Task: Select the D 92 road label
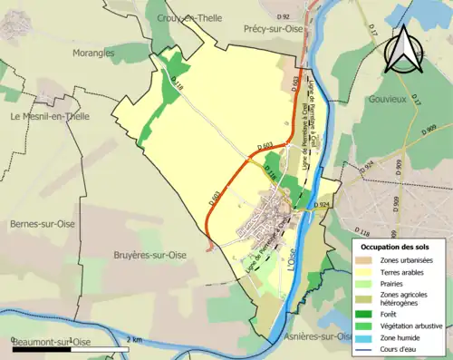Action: tap(283, 16)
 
